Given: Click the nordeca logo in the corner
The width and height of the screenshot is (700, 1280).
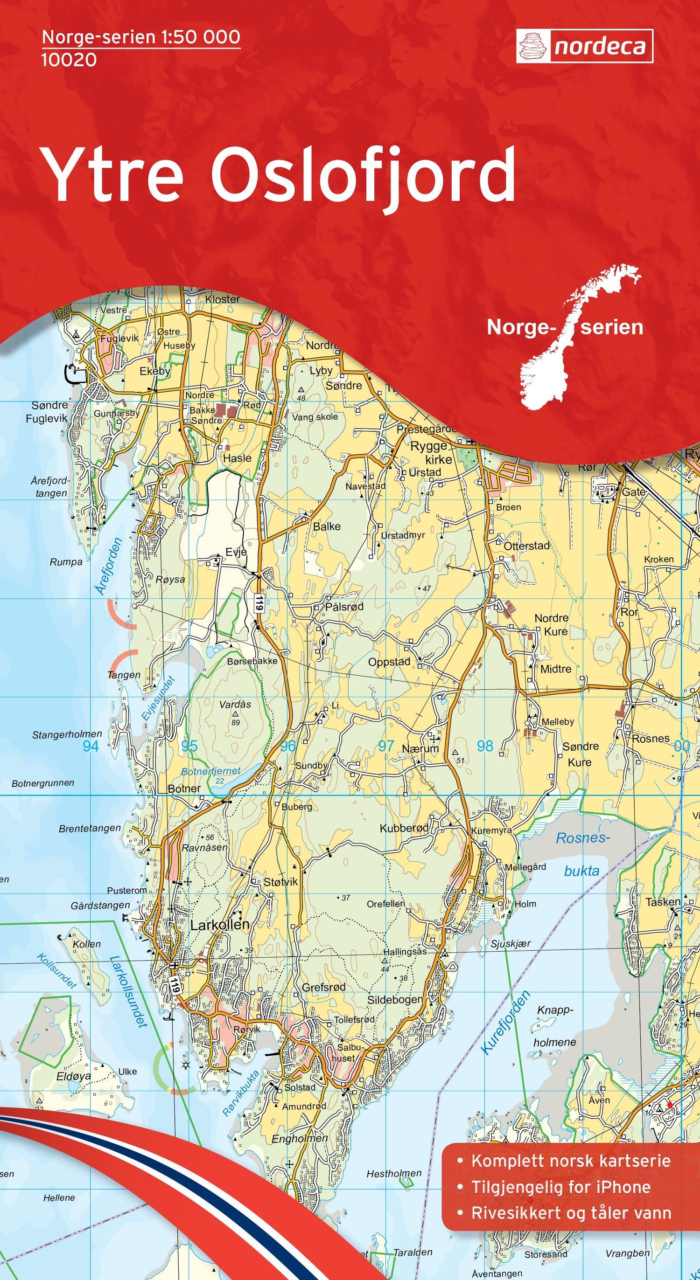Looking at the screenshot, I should coord(584,46).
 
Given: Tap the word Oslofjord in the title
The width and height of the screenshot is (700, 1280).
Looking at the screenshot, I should coord(363,175).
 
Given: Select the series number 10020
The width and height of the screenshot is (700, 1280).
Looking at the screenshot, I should coord(69,60).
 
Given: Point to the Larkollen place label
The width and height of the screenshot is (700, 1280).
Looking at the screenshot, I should coord(220,925).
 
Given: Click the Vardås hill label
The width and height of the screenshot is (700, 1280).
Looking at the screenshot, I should coord(235,704).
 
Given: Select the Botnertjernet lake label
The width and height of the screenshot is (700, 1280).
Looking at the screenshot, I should coord(211,772).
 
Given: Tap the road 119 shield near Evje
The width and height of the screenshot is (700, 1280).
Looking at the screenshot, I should coord(258,603).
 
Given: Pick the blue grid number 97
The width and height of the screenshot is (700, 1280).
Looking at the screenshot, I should coord(386,746).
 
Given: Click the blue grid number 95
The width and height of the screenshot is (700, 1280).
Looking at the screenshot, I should coord(189,746).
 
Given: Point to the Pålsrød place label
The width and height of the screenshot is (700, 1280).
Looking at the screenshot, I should coord(344,607).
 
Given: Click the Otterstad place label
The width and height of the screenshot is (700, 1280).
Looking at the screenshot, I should coord(526,546).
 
